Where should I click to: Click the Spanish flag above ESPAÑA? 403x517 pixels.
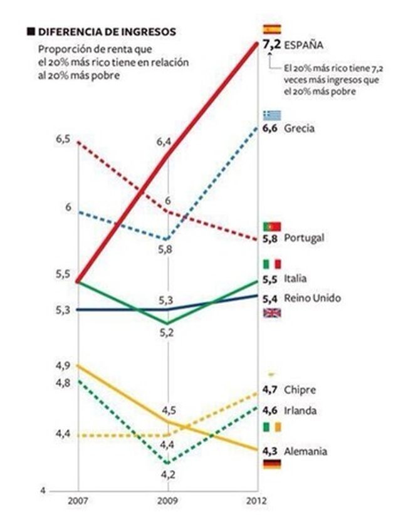[x=273, y=29]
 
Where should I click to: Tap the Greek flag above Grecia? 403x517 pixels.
[x=273, y=115]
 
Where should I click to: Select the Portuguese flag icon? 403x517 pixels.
[x=273, y=226]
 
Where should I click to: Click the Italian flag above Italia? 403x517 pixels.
[x=273, y=264]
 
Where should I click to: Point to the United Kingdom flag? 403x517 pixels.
[x=273, y=312]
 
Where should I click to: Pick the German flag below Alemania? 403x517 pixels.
[x=273, y=464]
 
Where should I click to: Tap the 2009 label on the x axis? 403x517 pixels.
[x=167, y=501]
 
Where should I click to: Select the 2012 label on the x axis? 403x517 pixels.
[x=256, y=501]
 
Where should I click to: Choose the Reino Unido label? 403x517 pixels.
[x=312, y=298]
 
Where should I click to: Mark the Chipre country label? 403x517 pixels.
[x=300, y=390]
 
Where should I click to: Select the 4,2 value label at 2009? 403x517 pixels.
[x=167, y=474]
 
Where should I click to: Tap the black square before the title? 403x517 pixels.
[x=29, y=31]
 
